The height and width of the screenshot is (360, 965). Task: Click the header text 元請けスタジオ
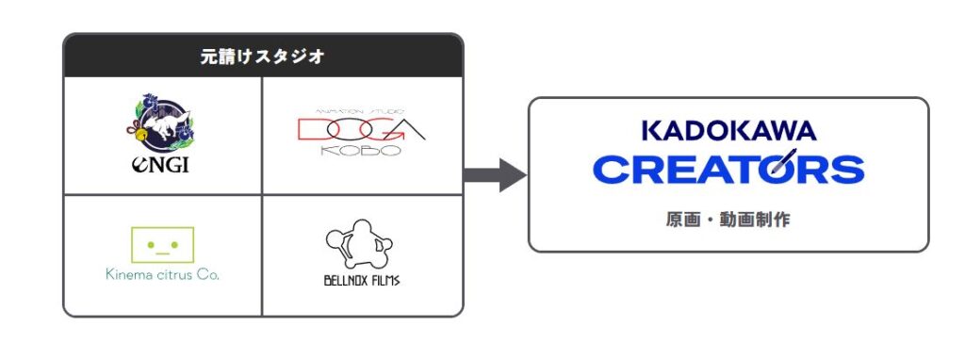(263, 57)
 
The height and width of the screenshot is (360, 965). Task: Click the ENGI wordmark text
(160, 164)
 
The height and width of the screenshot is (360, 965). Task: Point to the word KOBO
(360, 151)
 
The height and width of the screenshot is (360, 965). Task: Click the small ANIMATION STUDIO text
(360, 111)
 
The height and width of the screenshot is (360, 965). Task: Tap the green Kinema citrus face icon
(162, 245)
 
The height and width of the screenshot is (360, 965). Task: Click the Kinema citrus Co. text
(162, 274)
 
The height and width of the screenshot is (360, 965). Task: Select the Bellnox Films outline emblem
(359, 244)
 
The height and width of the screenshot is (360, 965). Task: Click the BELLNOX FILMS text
(361, 281)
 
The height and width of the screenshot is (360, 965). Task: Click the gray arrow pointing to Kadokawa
(495, 175)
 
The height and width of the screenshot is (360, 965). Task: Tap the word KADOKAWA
(728, 130)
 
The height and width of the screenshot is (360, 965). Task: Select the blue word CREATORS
(728, 170)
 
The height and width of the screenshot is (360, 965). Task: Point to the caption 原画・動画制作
(728, 220)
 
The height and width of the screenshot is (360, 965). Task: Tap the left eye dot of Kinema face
(151, 244)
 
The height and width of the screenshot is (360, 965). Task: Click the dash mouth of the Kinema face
(162, 253)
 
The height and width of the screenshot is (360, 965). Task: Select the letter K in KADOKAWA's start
(651, 130)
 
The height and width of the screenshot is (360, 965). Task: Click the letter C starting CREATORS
(611, 170)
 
